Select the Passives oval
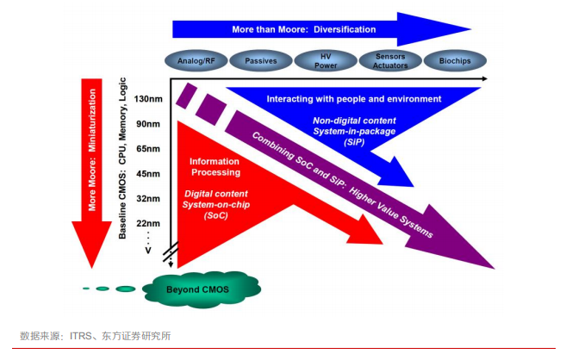(x=260, y=62)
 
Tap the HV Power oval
(x=327, y=62)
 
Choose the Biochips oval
(x=455, y=62)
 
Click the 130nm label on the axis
(x=149, y=99)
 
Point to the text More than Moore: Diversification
(x=304, y=29)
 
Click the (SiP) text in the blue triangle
(x=357, y=143)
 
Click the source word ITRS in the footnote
(x=81, y=336)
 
